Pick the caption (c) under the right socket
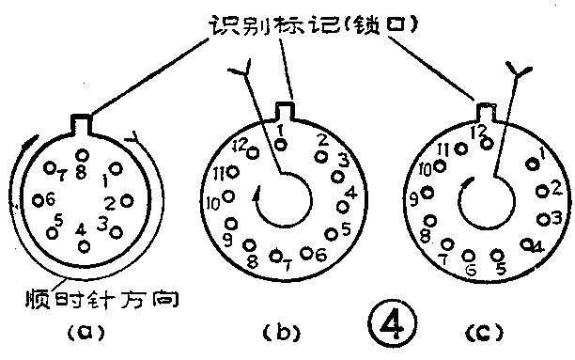(x=484, y=331)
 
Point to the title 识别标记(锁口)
(x=291, y=22)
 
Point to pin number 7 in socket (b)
(x=275, y=255)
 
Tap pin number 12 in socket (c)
(x=485, y=144)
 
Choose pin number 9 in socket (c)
(x=428, y=193)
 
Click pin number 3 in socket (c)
(x=542, y=219)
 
